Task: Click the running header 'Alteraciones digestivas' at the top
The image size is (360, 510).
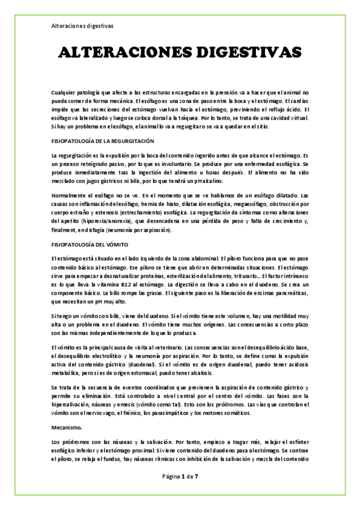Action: coord(79,26)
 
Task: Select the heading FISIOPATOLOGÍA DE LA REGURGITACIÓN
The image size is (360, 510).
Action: coord(103,141)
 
